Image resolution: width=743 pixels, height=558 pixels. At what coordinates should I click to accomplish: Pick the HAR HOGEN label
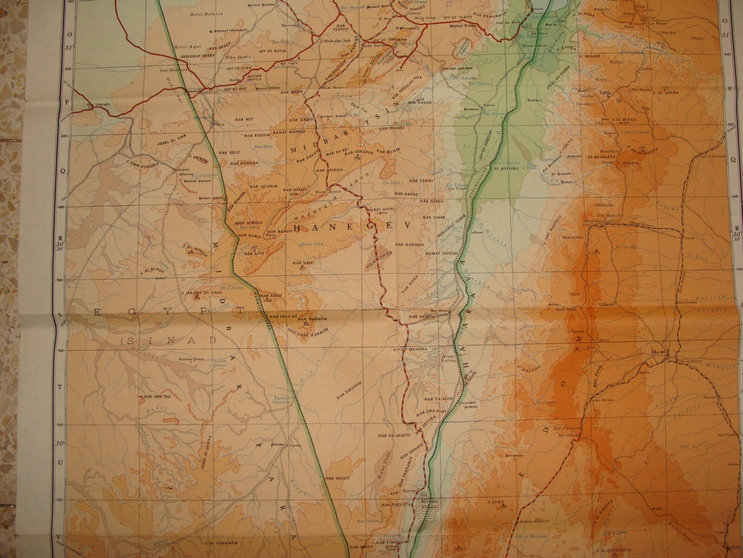tap(337, 478)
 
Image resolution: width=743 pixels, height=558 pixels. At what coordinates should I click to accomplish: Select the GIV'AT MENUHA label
tap(407, 349)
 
